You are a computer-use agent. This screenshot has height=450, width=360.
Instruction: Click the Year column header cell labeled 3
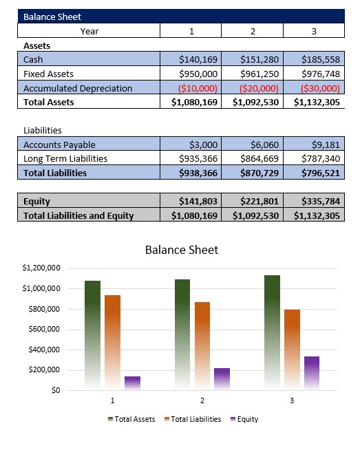coord(314,31)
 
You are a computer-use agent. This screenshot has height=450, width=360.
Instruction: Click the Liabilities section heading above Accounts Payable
coord(43,130)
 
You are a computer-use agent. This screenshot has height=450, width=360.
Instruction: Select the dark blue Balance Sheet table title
coord(52,17)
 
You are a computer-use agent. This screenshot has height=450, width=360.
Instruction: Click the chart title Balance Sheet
coord(181,250)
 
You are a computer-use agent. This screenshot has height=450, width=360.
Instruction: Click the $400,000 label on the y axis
coord(43,350)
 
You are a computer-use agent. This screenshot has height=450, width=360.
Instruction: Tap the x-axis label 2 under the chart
coord(202,400)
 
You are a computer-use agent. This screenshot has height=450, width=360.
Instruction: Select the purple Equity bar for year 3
coord(311,373)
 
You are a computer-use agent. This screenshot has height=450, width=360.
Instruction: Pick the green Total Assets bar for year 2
coord(182,334)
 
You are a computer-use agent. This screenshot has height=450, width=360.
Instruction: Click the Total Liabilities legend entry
coord(195,419)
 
